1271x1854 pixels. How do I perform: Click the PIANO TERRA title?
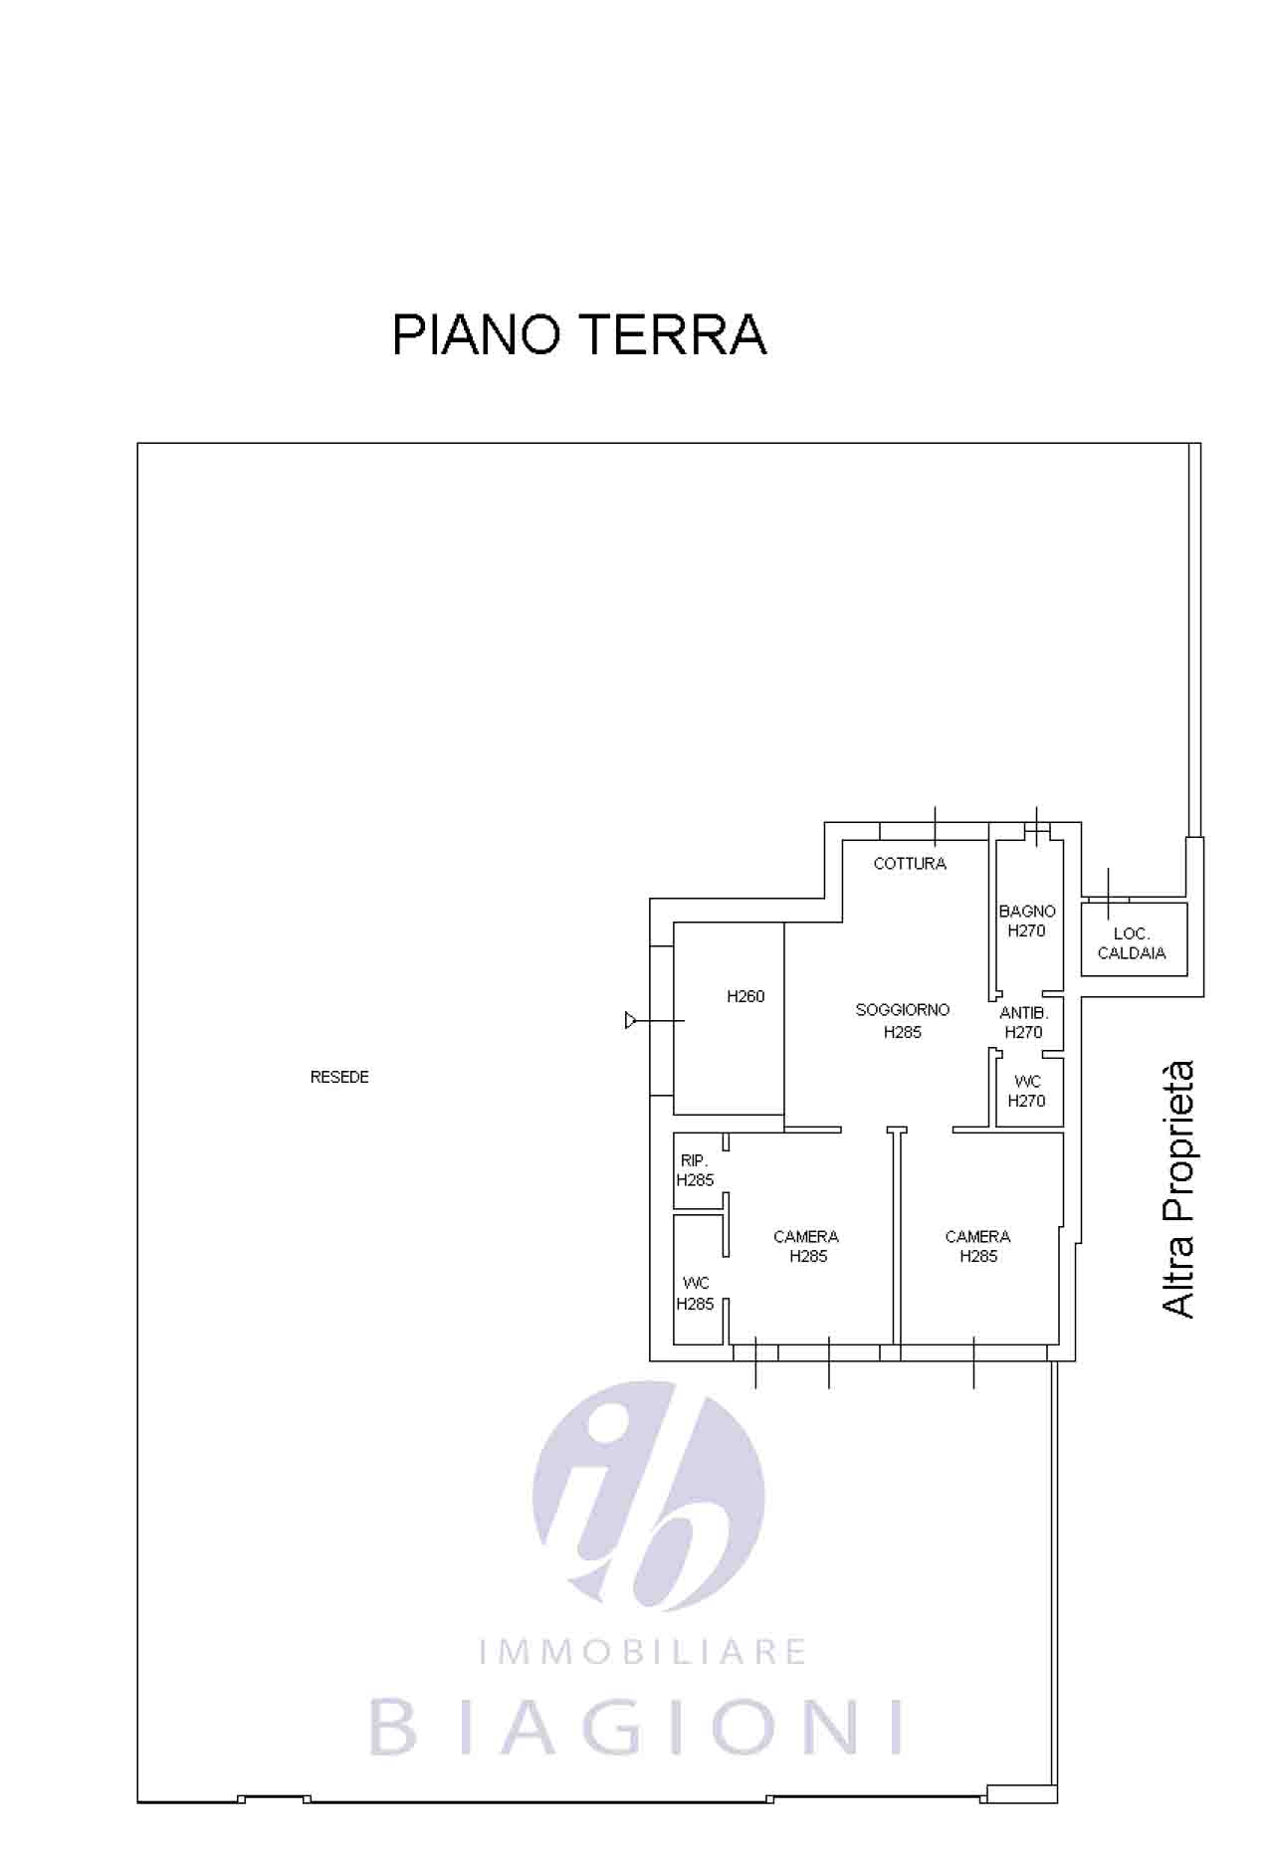[x=579, y=334]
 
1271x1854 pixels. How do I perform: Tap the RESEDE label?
[x=339, y=1077]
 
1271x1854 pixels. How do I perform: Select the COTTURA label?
[x=910, y=864]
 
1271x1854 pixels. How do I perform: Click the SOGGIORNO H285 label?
[x=903, y=1021]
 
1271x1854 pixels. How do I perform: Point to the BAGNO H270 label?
[x=1027, y=922]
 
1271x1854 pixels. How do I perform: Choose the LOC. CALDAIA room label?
[x=1132, y=943]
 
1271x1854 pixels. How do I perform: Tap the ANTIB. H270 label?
[x=1024, y=1022]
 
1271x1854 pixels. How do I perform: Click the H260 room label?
[x=745, y=996]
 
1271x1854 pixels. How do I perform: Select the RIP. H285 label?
[x=695, y=1170]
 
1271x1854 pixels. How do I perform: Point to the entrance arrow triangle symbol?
[x=630, y=1020]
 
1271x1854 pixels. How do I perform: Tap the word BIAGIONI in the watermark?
[x=637, y=1729]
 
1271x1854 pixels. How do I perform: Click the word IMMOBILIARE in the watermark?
[x=642, y=1653]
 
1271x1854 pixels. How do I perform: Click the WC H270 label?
[x=1027, y=1091]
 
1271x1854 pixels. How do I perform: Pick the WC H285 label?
[x=696, y=1294]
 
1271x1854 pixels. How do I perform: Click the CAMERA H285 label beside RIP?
[x=806, y=1246]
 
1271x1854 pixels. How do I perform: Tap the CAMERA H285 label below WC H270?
[x=977, y=1246]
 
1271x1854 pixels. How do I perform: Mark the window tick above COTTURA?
[x=936, y=825]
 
